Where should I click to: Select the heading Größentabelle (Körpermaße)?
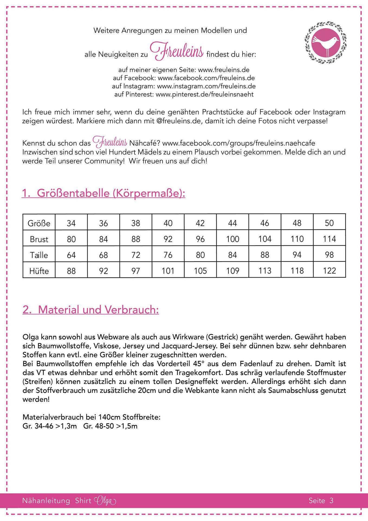(103, 193)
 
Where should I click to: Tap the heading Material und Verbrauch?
(91, 310)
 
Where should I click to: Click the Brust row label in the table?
(39, 239)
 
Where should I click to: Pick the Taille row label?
(39, 255)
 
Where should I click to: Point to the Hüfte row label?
(39, 271)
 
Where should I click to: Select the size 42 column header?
(200, 223)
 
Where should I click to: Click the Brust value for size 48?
(297, 239)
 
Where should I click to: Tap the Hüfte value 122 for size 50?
(329, 271)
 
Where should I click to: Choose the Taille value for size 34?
(71, 255)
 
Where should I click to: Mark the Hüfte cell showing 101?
(168, 271)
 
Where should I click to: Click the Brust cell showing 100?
(233, 239)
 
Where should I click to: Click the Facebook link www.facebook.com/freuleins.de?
(206, 78)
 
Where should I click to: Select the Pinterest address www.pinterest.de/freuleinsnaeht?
(205, 94)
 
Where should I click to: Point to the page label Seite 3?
(321, 501)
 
